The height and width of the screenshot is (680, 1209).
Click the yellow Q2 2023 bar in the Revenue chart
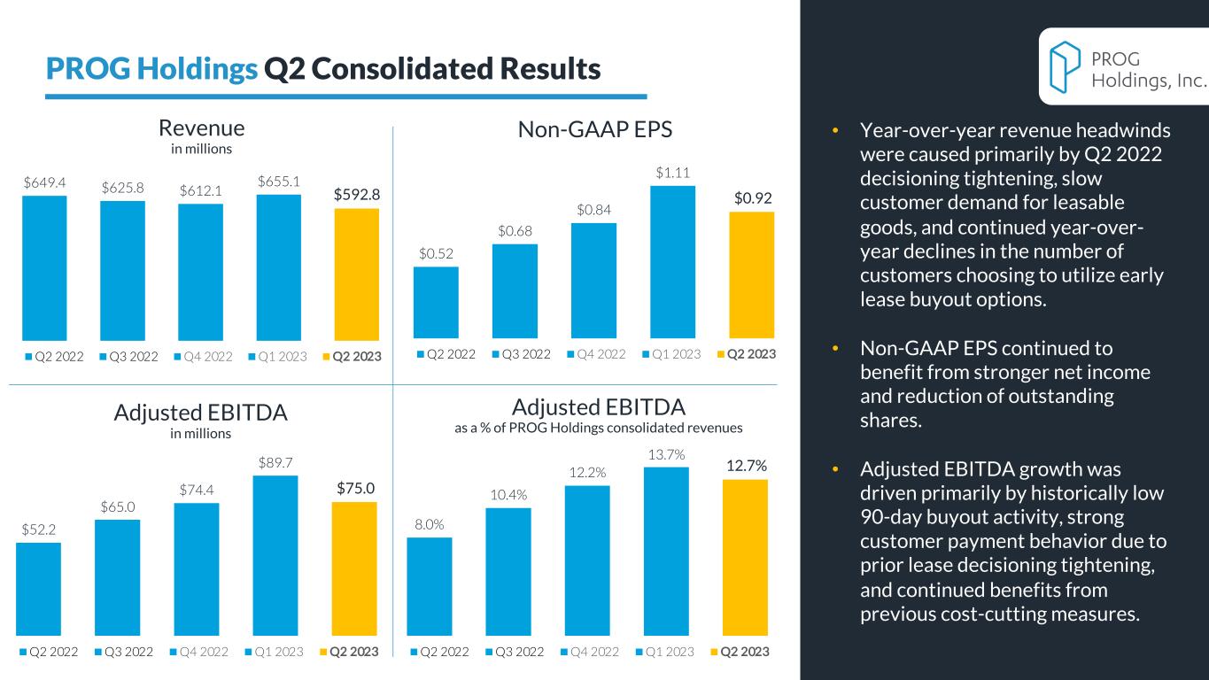356,274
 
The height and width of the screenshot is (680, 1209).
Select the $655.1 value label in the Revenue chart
279,181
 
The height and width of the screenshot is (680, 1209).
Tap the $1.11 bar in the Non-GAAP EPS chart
672,262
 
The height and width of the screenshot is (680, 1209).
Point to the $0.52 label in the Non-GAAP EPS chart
436,253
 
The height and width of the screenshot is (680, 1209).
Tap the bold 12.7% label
746,465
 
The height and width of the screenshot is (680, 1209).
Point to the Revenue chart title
200,128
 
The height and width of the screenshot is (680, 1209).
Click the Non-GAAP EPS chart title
595,130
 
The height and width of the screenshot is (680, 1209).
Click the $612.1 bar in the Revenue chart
200,272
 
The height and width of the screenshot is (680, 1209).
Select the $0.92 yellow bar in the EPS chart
751,274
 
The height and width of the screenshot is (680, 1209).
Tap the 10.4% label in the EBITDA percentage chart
508,493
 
